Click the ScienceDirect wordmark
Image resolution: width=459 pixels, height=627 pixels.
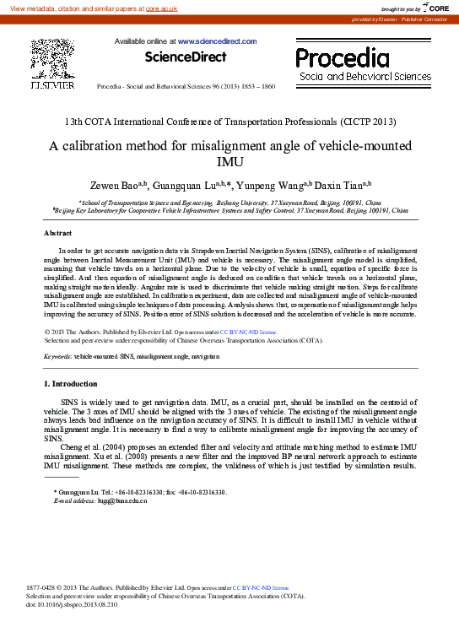(186, 57)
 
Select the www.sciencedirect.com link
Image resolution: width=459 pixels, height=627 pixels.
(217, 41)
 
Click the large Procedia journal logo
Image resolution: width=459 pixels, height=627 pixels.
(342, 57)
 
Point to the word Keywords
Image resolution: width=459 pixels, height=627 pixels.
(57, 358)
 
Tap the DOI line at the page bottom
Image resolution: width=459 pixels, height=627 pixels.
(72, 605)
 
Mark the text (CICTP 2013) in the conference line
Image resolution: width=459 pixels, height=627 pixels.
(368, 122)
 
